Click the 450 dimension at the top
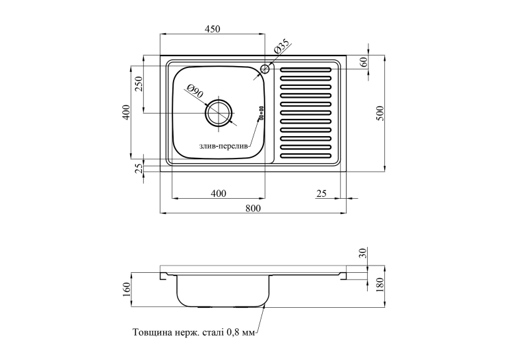[213, 29]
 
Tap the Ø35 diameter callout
[281, 47]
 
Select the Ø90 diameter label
[195, 91]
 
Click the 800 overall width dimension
[253, 208]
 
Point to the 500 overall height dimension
[380, 113]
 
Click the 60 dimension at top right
[364, 62]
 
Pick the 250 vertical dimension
[139, 84]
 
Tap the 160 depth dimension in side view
[126, 290]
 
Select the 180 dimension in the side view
[380, 285]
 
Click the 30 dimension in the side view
[363, 253]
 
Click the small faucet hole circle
[265, 69]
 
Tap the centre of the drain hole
[219, 113]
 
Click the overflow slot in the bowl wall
[261, 113]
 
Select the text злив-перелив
[224, 147]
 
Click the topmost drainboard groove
[306, 69]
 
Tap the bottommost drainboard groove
[306, 157]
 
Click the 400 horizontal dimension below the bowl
[219, 194]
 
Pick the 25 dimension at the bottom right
[321, 194]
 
